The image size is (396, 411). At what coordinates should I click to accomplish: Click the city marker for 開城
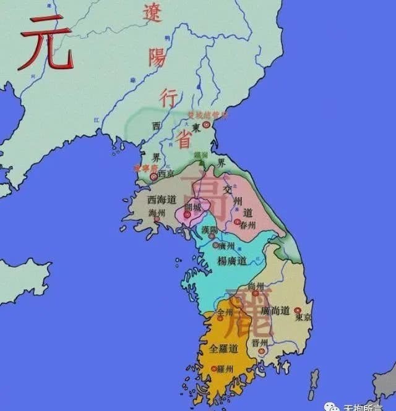click(187, 214)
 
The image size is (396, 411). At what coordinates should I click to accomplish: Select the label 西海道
click(162, 200)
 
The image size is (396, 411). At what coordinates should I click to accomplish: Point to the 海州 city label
click(157, 213)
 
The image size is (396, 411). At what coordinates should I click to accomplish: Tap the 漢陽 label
click(207, 229)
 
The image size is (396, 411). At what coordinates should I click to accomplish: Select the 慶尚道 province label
click(275, 311)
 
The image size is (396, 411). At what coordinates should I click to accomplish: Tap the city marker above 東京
click(298, 310)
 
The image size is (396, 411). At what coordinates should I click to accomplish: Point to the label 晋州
click(260, 343)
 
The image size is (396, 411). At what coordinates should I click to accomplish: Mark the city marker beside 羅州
click(214, 368)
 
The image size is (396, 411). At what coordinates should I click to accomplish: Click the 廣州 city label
click(226, 246)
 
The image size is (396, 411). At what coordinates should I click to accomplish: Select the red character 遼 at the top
click(152, 12)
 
